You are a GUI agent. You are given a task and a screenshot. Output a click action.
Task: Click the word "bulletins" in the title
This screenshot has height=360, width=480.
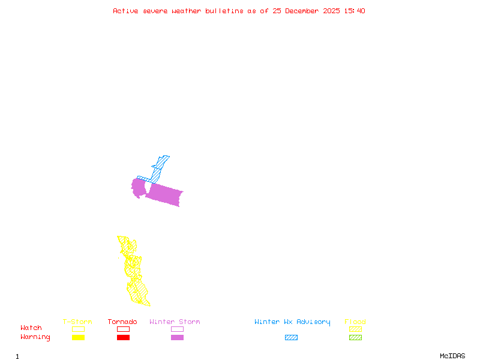tap(224, 11)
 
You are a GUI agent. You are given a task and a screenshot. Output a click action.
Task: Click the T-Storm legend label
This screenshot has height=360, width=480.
tap(77, 322)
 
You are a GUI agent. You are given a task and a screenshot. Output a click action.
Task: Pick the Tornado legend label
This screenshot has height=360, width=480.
tap(122, 322)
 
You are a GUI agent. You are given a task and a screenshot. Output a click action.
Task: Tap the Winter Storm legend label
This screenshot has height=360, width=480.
tap(175, 322)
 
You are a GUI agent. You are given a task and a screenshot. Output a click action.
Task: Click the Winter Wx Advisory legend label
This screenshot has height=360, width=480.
tap(292, 322)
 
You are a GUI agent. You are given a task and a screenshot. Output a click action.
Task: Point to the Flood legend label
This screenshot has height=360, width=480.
tap(355, 322)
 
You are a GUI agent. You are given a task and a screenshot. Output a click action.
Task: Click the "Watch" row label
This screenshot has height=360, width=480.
tap(31, 328)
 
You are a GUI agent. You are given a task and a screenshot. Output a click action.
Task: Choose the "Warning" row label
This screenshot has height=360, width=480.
tap(35, 337)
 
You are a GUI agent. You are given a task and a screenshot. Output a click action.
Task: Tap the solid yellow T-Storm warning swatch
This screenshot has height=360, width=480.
tap(78, 338)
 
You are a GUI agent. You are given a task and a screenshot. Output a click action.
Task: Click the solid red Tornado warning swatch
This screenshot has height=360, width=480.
tap(123, 338)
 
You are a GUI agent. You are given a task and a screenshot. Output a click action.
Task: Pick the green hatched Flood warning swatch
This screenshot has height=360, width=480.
tap(355, 338)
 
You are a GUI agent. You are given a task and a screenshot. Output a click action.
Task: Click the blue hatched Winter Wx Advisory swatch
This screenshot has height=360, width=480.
tap(291, 338)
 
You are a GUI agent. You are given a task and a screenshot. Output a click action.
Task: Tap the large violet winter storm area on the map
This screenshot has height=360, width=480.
tap(164, 194)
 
